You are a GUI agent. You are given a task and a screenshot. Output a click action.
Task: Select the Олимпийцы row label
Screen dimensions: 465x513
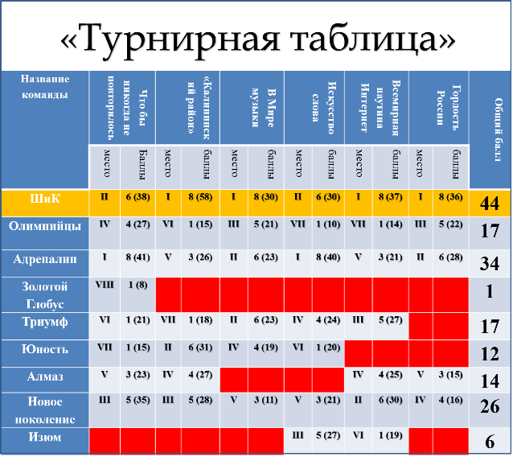(43, 226)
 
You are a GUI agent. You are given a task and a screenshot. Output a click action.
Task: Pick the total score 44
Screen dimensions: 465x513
(489, 204)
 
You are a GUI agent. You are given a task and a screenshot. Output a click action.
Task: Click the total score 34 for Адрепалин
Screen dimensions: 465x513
(489, 264)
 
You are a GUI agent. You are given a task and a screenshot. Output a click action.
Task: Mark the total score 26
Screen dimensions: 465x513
(489, 407)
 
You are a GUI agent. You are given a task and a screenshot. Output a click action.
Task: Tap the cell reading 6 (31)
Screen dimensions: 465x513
(199, 348)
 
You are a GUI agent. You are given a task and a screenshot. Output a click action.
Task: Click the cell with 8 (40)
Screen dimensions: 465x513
(328, 258)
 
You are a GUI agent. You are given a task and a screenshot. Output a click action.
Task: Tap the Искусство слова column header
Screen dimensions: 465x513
(315, 104)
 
